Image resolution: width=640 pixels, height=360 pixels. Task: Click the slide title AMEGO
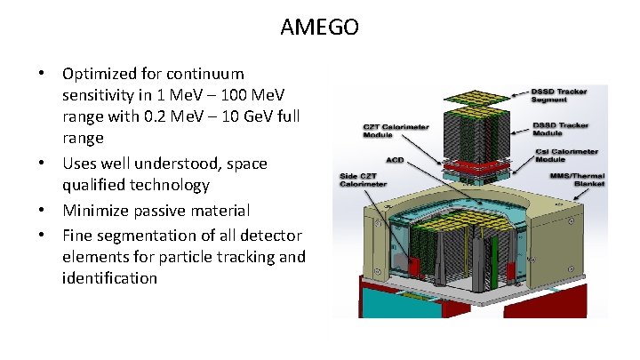pos(320,28)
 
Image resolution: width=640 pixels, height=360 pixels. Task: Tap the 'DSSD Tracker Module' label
pos(561,130)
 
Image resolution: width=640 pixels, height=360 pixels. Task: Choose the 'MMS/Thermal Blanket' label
pos(577,180)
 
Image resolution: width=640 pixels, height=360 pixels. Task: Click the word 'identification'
pos(109,279)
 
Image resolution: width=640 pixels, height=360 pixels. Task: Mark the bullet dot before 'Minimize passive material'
pos(41,212)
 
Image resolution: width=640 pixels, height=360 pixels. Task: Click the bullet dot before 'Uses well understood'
pos(41,164)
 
